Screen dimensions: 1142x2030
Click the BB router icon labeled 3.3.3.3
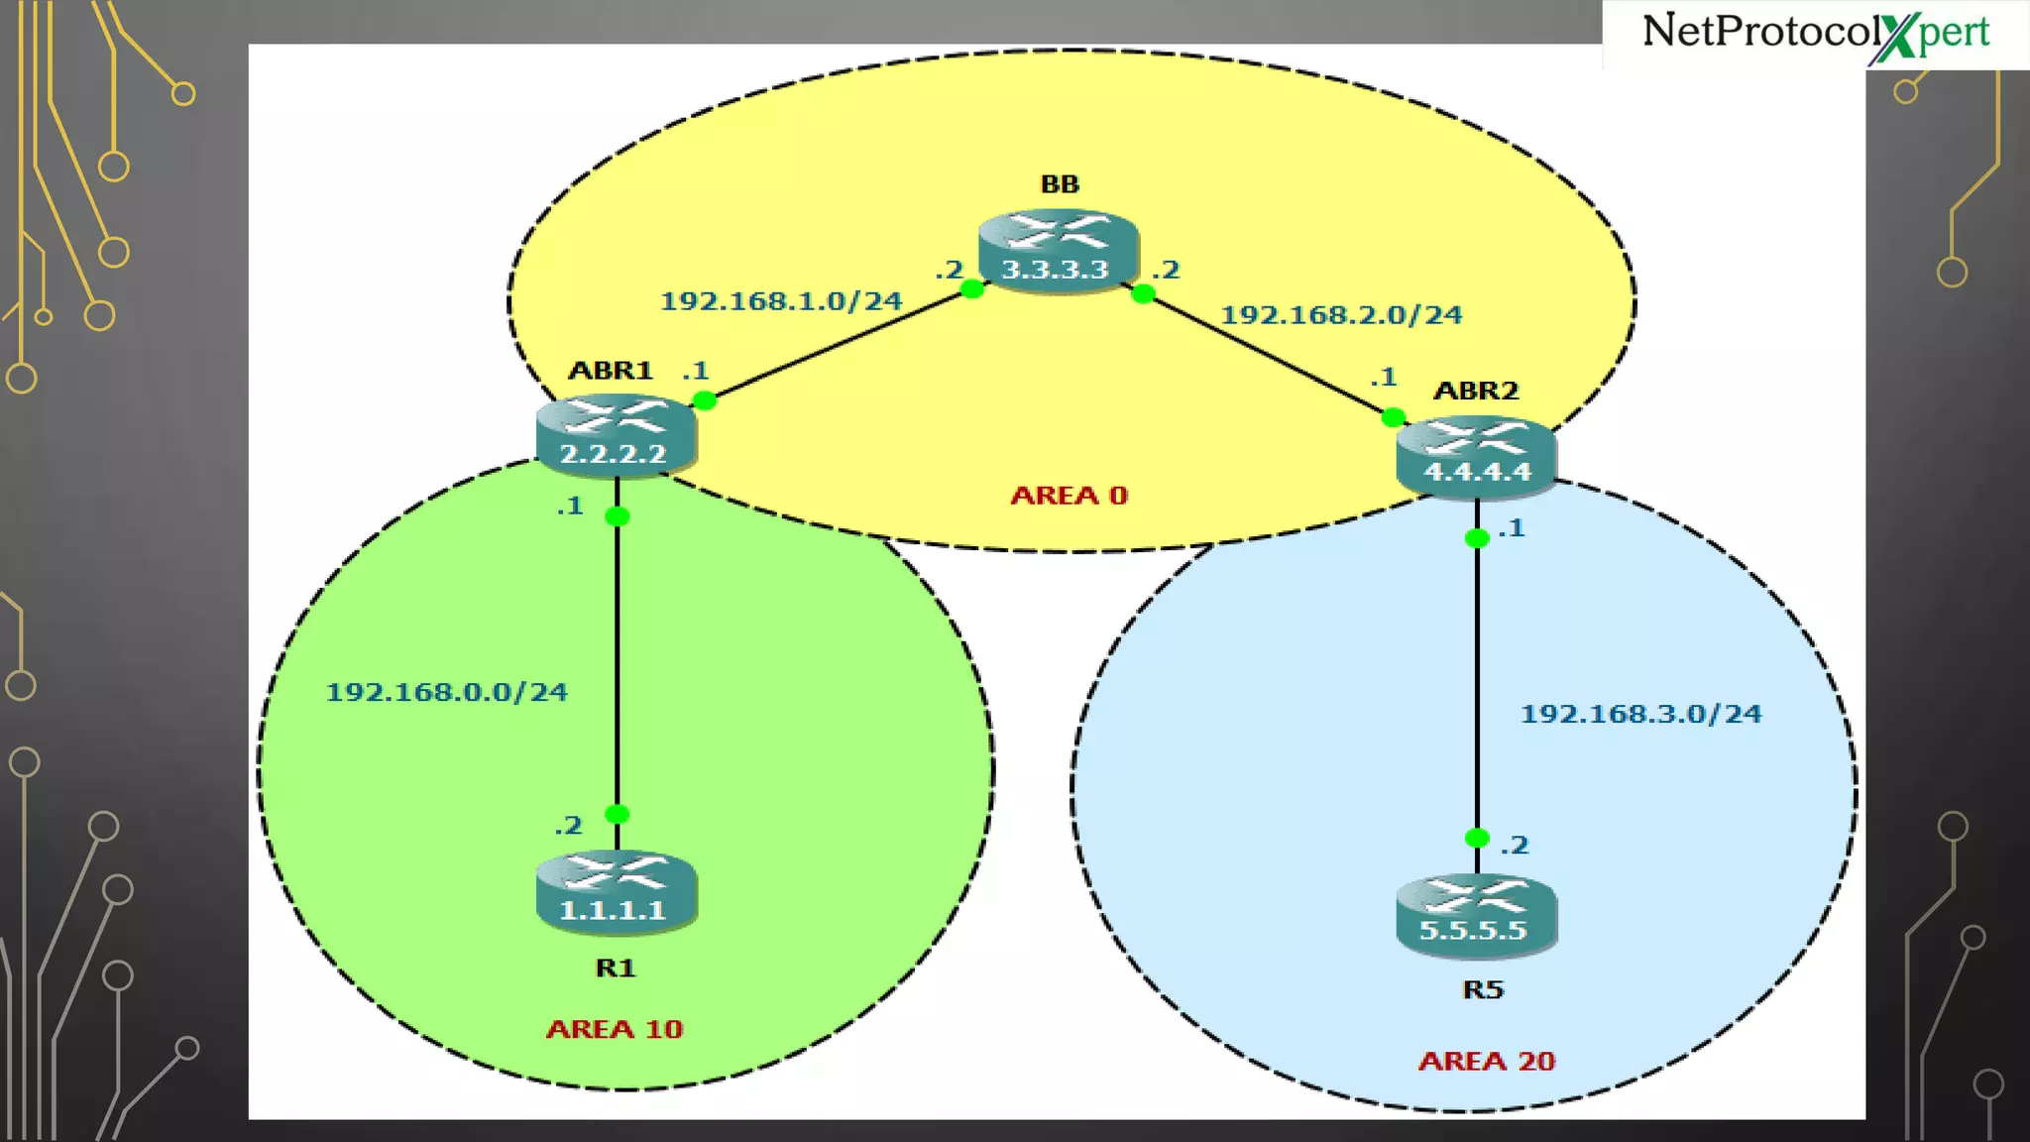click(1058, 250)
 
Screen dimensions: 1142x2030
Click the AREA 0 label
click(1069, 496)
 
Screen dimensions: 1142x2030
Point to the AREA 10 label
click(615, 1029)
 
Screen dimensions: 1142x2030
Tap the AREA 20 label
click(1486, 1062)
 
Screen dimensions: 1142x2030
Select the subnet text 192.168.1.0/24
click(781, 300)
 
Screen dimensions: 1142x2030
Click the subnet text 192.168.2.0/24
click(1341, 315)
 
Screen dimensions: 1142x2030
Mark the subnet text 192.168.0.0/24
click(447, 692)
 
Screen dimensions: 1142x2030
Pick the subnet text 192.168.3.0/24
click(1641, 714)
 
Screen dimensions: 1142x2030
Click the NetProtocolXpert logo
click(1815, 34)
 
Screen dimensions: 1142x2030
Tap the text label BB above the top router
click(1060, 184)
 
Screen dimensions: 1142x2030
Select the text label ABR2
click(1476, 391)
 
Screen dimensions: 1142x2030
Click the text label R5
click(1483, 989)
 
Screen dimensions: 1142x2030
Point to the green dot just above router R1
click(617, 814)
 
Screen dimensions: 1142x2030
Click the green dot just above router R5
click(1477, 838)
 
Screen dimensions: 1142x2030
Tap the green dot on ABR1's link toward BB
click(704, 400)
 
